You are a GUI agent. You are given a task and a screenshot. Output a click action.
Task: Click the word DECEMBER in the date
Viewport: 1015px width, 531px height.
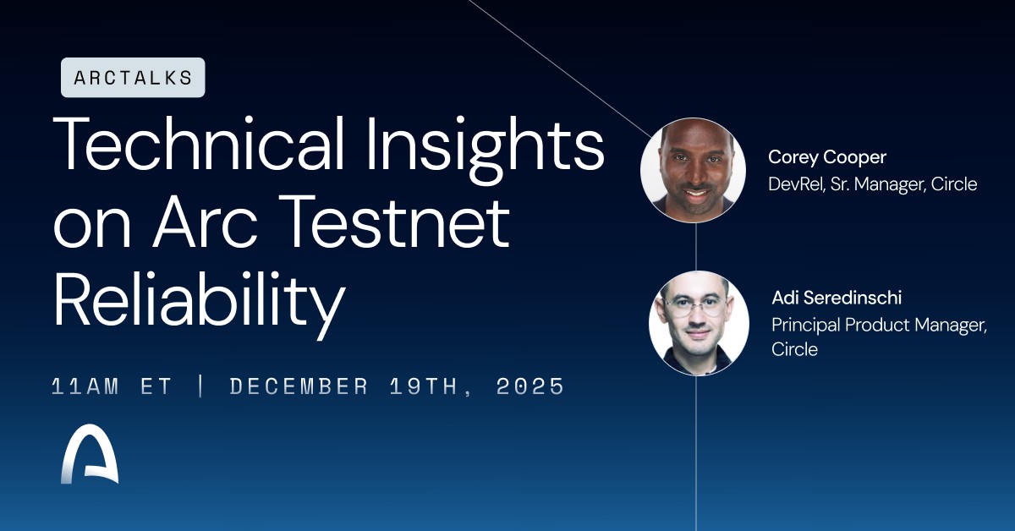[299, 387]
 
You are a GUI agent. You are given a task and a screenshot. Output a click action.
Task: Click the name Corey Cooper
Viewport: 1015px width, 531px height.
[826, 157]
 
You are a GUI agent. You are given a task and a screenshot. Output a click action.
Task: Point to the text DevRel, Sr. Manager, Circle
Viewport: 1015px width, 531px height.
[872, 183]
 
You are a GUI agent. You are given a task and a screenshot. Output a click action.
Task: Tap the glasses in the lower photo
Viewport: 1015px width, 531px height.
[698, 306]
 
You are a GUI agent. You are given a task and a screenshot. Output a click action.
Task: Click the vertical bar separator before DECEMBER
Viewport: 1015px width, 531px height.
[200, 387]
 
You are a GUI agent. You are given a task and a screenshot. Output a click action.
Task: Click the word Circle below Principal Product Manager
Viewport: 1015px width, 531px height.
[794, 348]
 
